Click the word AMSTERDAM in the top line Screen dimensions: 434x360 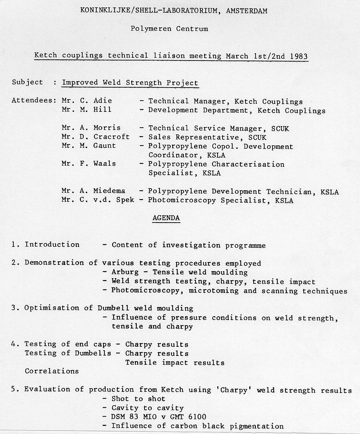coord(246,11)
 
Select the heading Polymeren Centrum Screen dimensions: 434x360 coord(169,28)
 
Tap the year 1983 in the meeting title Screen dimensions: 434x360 coord(299,56)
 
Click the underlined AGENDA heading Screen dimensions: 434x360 coord(166,218)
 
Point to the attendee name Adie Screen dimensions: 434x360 coord(103,101)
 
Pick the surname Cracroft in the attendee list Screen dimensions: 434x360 coord(111,137)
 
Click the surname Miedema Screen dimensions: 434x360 coord(109,191)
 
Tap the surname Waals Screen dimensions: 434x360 coord(104,164)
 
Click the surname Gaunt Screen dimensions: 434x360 coord(104,146)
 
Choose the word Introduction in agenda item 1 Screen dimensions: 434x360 coord(52,244)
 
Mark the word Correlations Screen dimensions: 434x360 coord(52,371)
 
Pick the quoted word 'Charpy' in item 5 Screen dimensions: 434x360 coord(233,390)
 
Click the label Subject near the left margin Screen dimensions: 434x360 coord(27,82)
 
